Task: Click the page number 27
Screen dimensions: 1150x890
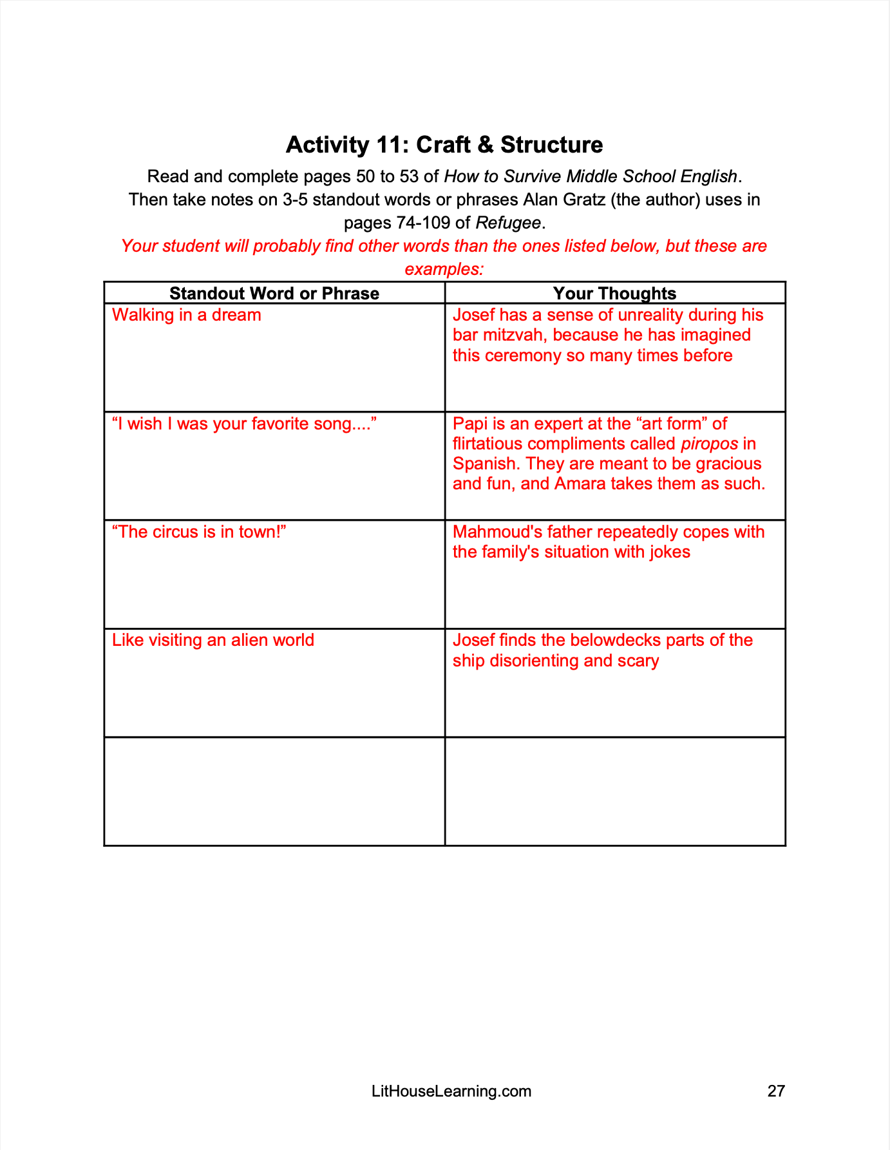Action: pos(776,1090)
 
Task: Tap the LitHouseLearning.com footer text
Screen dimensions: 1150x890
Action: pos(451,1090)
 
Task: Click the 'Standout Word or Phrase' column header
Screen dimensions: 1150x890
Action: pos(274,294)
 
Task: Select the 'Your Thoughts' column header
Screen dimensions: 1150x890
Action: pos(614,294)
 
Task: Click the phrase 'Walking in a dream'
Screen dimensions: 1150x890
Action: pos(187,315)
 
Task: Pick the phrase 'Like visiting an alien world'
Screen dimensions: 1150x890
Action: pos(213,640)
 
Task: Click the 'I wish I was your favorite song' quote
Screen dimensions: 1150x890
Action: pos(243,424)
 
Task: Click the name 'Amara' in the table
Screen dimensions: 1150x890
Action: pos(578,484)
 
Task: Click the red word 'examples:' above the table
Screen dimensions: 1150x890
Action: pos(444,269)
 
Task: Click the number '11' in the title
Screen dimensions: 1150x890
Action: pos(393,145)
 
